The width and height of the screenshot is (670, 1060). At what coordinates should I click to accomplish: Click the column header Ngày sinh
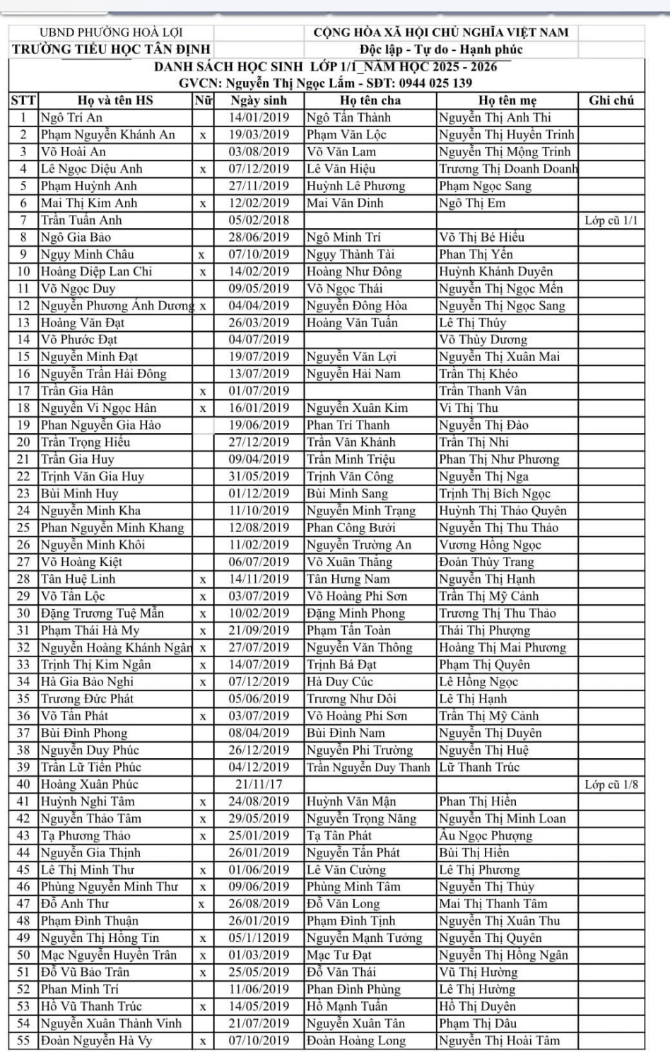(x=259, y=100)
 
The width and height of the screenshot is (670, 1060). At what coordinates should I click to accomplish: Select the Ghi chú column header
(x=611, y=100)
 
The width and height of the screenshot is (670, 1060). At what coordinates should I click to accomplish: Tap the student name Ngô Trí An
(x=71, y=117)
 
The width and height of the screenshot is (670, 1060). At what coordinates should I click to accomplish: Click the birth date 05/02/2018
(x=259, y=220)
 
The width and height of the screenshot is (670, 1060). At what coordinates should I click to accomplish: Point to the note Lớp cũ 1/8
(x=611, y=784)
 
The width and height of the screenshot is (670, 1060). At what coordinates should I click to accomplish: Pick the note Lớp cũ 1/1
(x=611, y=220)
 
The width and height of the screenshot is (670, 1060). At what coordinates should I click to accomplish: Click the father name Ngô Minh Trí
(x=344, y=237)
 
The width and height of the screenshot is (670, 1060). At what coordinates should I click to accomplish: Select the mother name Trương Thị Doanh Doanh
(x=508, y=169)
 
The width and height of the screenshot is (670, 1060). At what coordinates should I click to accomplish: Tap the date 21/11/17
(x=259, y=784)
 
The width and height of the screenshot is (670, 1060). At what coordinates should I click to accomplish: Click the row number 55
(x=23, y=1041)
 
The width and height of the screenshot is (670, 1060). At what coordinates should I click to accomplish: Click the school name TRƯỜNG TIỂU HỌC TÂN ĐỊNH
(x=112, y=49)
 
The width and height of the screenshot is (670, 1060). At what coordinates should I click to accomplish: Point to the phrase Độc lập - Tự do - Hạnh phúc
(x=441, y=49)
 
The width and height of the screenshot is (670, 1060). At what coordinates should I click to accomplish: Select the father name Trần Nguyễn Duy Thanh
(x=368, y=767)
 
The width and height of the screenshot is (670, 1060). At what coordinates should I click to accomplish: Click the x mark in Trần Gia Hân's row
(x=203, y=391)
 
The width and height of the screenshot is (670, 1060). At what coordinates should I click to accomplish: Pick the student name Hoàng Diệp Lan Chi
(x=96, y=271)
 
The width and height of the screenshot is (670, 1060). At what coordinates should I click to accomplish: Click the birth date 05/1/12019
(x=259, y=938)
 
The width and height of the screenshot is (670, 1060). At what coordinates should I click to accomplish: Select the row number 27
(x=23, y=562)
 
